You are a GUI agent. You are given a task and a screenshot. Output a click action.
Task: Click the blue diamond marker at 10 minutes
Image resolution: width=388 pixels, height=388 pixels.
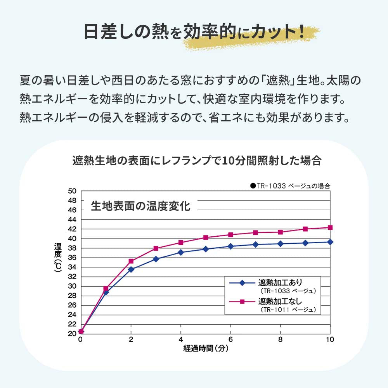point(330,242)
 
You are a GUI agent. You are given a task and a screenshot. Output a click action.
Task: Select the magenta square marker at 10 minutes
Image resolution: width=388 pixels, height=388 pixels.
point(330,227)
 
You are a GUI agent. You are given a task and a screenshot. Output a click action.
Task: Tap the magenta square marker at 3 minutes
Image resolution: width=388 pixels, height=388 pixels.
point(156,248)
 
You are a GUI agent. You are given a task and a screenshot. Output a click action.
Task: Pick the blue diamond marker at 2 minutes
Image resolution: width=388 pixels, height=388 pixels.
point(131,269)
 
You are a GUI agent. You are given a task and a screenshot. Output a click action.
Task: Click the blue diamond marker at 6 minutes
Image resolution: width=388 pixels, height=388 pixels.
point(230,246)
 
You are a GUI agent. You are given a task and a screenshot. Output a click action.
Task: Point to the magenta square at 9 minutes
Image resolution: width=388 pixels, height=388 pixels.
point(305,229)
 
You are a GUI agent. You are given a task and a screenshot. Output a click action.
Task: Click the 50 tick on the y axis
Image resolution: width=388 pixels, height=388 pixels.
point(73,191)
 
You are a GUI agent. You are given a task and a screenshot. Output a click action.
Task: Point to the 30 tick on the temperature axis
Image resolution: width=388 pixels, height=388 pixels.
point(73,286)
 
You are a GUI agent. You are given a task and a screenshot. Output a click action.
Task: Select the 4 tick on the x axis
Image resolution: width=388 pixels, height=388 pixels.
point(180,339)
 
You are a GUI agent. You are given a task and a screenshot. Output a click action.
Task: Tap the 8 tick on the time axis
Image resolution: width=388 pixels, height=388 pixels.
point(280,339)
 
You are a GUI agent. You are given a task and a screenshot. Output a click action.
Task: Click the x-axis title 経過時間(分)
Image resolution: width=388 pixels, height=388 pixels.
point(206,348)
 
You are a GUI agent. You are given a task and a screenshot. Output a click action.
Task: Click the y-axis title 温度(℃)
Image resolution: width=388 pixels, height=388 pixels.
point(58,259)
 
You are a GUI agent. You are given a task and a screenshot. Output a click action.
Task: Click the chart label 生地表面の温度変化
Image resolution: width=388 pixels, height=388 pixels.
point(140,206)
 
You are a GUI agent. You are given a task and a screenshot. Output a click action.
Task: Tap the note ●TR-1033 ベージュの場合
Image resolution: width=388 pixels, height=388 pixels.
point(290,186)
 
